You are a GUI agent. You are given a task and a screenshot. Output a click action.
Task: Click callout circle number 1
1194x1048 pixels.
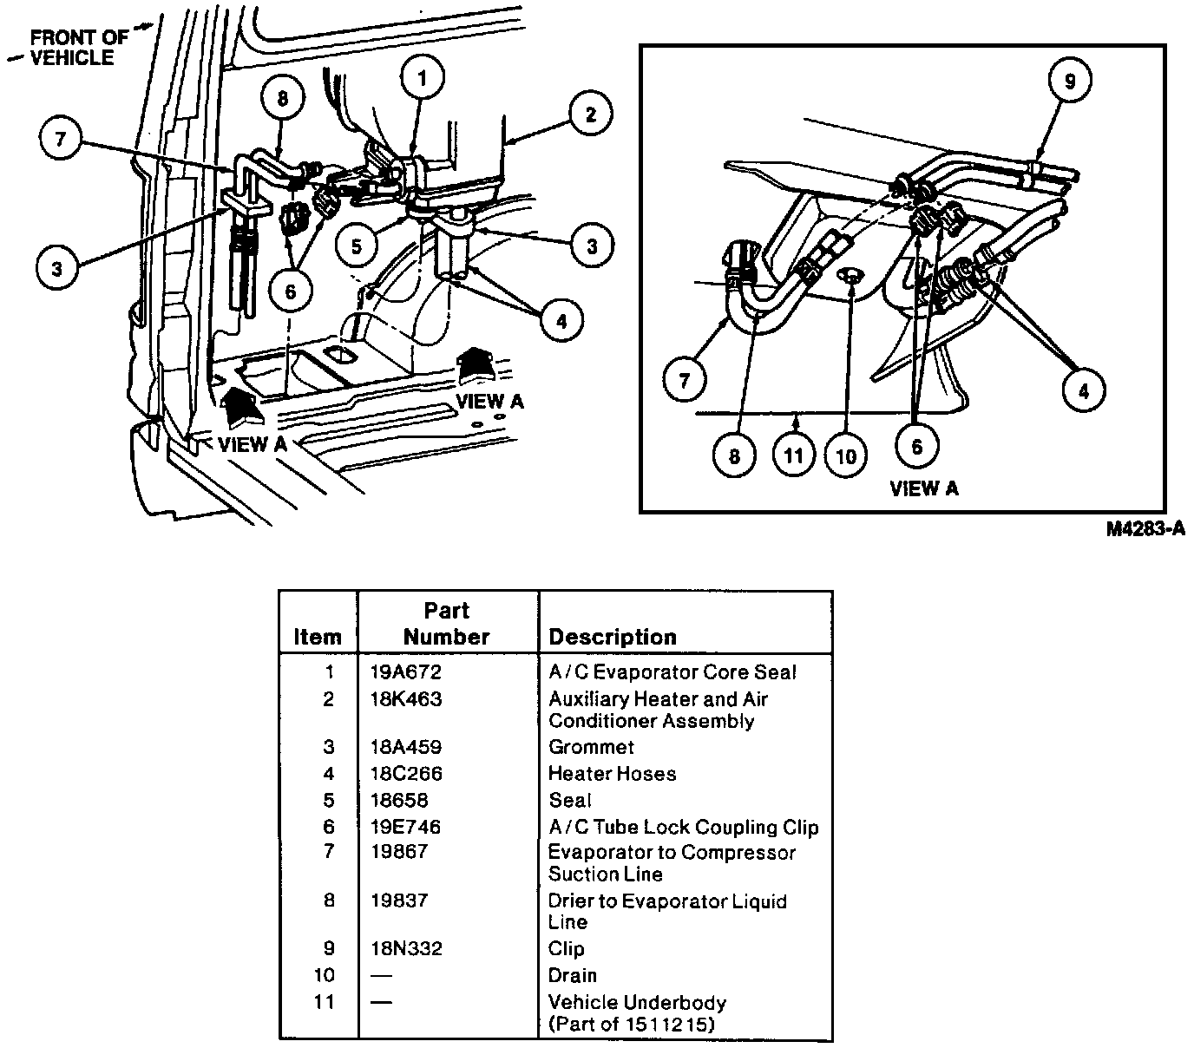[422, 79]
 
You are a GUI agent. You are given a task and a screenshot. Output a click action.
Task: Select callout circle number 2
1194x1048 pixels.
[590, 115]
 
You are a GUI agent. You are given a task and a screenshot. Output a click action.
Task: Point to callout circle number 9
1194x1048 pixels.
[1069, 81]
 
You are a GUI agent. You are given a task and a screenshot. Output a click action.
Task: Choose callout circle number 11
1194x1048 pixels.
[794, 455]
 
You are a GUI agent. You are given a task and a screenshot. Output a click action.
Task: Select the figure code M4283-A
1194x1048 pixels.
[1145, 528]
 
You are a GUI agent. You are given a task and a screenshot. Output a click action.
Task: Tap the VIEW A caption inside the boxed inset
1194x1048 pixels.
[924, 488]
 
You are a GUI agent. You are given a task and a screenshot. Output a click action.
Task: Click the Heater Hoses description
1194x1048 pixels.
[612, 773]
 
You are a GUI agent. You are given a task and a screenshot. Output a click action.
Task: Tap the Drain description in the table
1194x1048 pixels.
[572, 975]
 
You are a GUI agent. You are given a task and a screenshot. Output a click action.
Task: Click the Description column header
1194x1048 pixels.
[612, 637]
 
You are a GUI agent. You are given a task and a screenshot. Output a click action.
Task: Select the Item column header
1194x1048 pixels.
[318, 637]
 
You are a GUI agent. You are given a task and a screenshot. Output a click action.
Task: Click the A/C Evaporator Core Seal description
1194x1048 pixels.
[672, 672]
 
